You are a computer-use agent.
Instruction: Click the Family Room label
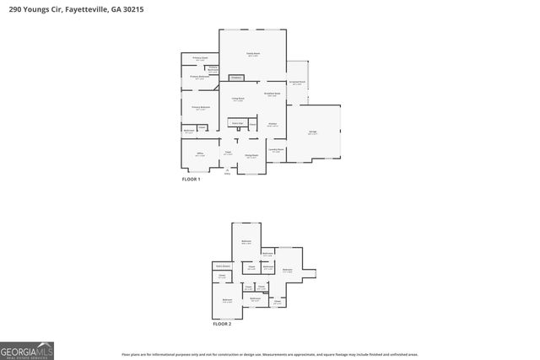[x=252, y=55]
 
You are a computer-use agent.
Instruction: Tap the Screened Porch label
[x=296, y=83]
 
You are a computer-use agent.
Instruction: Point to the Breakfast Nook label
[x=272, y=94]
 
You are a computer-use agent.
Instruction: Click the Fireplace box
[x=236, y=78]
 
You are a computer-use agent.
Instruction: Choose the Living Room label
[x=238, y=99]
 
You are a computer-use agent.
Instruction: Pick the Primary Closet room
[x=200, y=59]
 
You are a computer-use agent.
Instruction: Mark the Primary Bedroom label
[x=200, y=108]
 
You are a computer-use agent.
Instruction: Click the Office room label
[x=200, y=154]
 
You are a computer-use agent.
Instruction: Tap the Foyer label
[x=228, y=153]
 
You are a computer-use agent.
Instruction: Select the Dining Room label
[x=251, y=156]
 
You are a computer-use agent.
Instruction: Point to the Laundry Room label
[x=276, y=150]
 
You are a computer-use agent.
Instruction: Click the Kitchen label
[x=273, y=125]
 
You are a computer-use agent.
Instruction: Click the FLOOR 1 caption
[x=192, y=180]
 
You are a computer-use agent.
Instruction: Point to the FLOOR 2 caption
[x=221, y=324]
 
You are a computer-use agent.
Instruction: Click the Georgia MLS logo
[x=27, y=350]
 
